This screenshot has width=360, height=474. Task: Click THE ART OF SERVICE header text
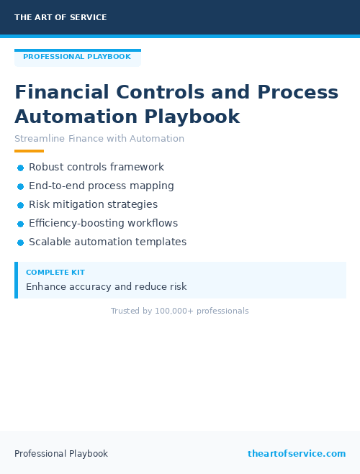tap(60, 17)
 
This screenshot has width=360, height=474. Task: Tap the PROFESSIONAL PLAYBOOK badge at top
tap(77, 57)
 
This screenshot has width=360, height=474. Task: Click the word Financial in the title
tap(62, 93)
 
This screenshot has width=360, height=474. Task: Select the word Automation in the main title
tap(76, 117)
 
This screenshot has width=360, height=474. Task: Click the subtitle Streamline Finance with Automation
tap(99, 139)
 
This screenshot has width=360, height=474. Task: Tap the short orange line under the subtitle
tap(29, 151)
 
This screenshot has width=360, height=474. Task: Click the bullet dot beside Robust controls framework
tap(21, 168)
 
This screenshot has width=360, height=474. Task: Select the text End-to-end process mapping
tap(102, 186)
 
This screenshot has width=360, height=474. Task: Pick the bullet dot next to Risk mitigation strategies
tap(21, 205)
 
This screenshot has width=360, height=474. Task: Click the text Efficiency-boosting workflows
tap(103, 223)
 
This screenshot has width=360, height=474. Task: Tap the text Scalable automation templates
tap(107, 242)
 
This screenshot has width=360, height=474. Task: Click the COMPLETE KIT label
tap(55, 273)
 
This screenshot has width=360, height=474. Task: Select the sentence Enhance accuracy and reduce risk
tap(107, 287)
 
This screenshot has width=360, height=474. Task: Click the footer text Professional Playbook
tap(61, 454)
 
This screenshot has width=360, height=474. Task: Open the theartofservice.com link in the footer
tap(297, 454)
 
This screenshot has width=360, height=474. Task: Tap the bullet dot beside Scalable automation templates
tap(21, 242)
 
